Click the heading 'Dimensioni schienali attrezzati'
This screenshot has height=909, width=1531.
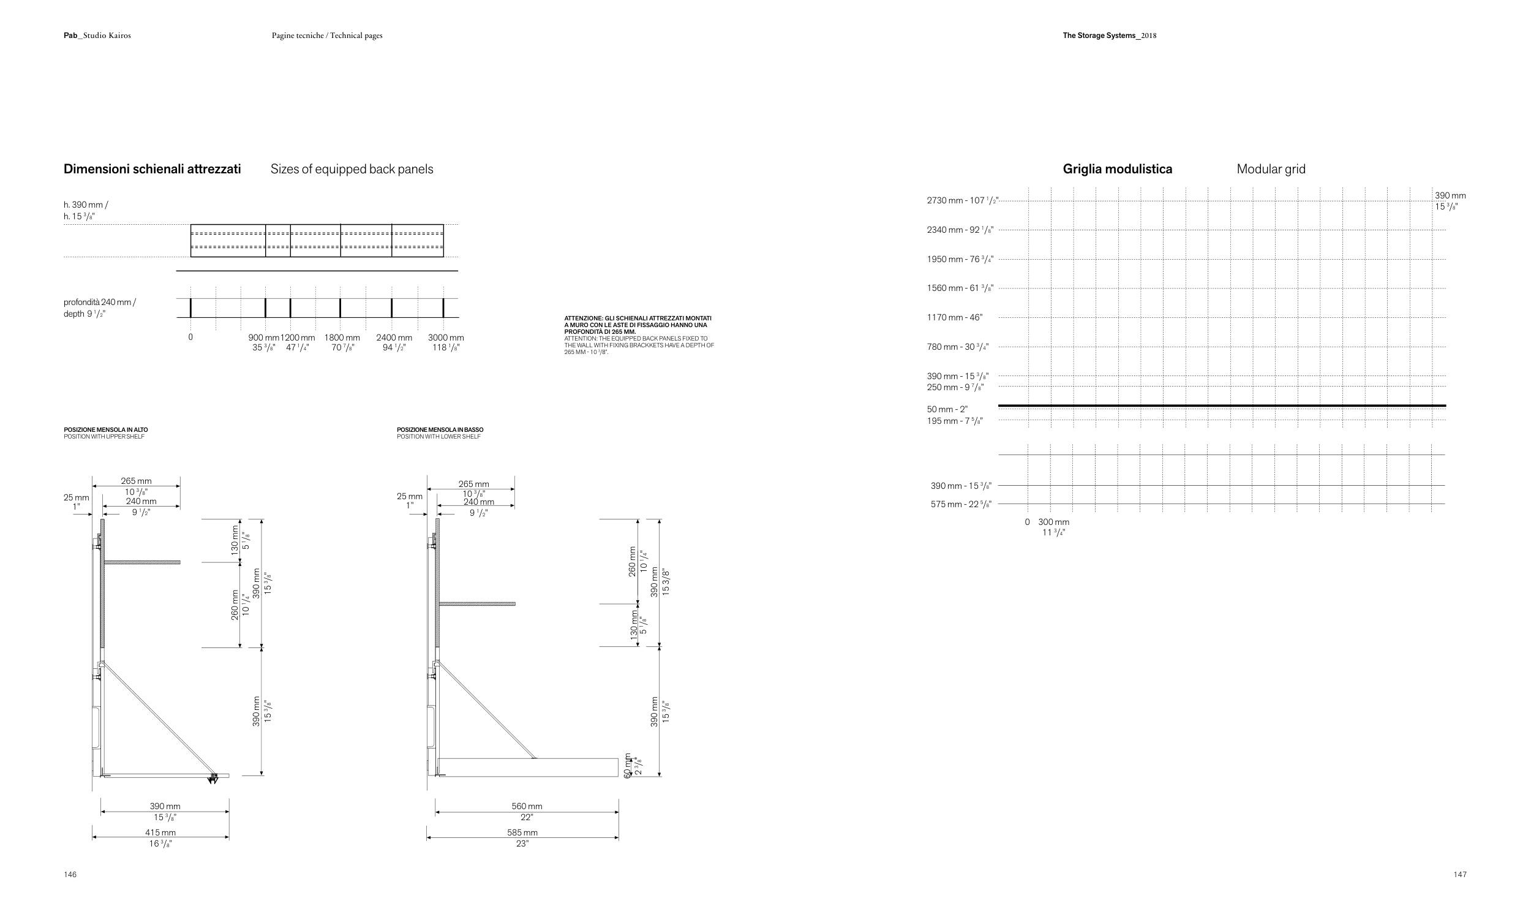(x=152, y=169)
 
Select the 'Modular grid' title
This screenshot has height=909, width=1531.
(x=1271, y=169)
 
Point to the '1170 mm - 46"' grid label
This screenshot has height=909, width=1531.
(x=954, y=317)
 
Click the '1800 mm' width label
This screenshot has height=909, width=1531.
(x=342, y=338)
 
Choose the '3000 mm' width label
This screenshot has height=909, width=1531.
(x=446, y=338)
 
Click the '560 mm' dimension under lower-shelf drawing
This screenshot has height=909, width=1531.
(x=527, y=806)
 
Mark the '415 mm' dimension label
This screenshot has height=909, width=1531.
(x=160, y=832)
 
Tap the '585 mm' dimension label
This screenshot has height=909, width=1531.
(x=522, y=832)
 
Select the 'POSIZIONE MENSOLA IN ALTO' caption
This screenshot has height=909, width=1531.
(x=105, y=430)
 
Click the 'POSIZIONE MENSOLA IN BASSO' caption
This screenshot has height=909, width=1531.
(x=440, y=430)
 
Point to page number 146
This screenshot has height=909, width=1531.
(x=70, y=875)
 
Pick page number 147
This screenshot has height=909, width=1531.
(x=1460, y=875)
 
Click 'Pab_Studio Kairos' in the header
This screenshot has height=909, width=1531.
(x=97, y=36)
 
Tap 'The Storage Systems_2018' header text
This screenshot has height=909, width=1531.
(x=1109, y=36)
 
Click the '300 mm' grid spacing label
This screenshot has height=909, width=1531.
(x=1053, y=522)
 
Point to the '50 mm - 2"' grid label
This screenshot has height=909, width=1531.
(x=947, y=409)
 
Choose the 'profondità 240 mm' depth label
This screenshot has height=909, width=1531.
(x=99, y=303)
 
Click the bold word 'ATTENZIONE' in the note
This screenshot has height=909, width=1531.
(x=583, y=319)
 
